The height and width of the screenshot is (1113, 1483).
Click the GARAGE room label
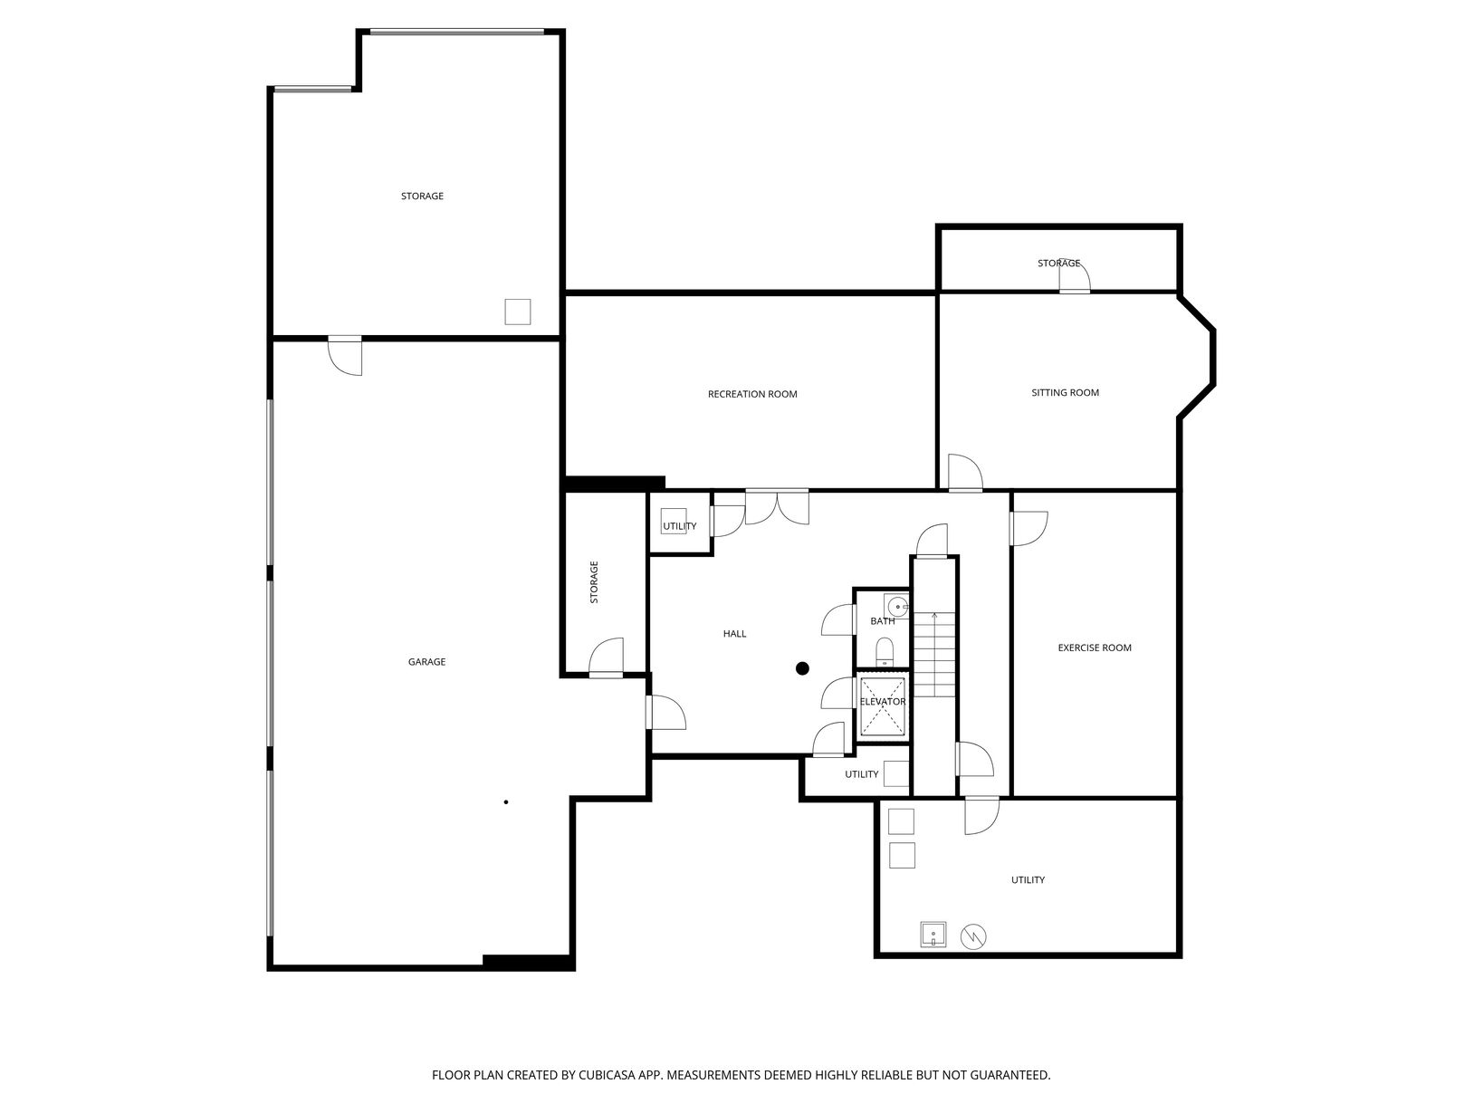pyautogui.click(x=426, y=662)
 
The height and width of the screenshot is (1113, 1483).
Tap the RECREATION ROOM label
pyautogui.click(x=752, y=394)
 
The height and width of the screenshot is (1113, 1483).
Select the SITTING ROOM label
pyautogui.click(x=1065, y=393)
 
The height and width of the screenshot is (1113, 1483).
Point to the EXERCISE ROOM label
pyautogui.click(x=1094, y=648)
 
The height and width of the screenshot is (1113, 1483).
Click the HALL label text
pyautogui.click(x=734, y=633)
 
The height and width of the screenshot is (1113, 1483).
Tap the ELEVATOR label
pyautogui.click(x=883, y=702)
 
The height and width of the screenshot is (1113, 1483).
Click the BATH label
pyautogui.click(x=883, y=621)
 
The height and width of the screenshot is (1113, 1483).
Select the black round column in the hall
pyautogui.click(x=802, y=668)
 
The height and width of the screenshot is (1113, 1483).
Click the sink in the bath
pyautogui.click(x=896, y=606)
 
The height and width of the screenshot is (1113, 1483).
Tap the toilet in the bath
pyautogui.click(x=885, y=652)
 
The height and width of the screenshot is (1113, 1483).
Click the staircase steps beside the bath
pyautogui.click(x=934, y=654)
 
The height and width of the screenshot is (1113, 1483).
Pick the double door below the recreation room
pyautogui.click(x=777, y=506)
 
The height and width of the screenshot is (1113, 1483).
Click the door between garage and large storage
pyautogui.click(x=345, y=355)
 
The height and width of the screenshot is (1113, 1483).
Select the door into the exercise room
pyautogui.click(x=1029, y=529)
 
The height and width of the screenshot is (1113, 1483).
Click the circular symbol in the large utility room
pyautogui.click(x=973, y=935)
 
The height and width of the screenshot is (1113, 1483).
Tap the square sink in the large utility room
pyautogui.click(x=933, y=935)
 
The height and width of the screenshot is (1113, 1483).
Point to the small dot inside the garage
pyautogui.click(x=506, y=802)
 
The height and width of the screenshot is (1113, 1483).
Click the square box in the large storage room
pyautogui.click(x=518, y=312)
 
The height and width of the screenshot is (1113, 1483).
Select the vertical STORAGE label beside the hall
pyautogui.click(x=594, y=581)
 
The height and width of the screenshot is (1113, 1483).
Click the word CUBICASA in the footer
pyautogui.click(x=606, y=1074)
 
